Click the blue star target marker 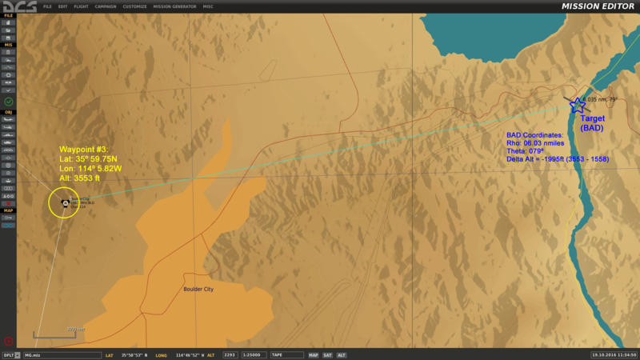pos(578,105)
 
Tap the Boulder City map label pos(198,289)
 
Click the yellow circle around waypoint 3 pos(64,202)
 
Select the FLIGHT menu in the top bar pos(81,6)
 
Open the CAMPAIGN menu pos(106,6)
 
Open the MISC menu pos(208,6)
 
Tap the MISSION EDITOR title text pos(598,6)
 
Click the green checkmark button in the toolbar pos(8,102)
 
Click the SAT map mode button pos(327,354)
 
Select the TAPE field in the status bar pos(286,354)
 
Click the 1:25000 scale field pos(254,354)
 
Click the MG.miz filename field pos(60,354)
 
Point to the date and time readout pos(614,354)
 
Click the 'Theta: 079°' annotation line pos(526,150)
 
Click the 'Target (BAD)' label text pos(592,122)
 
